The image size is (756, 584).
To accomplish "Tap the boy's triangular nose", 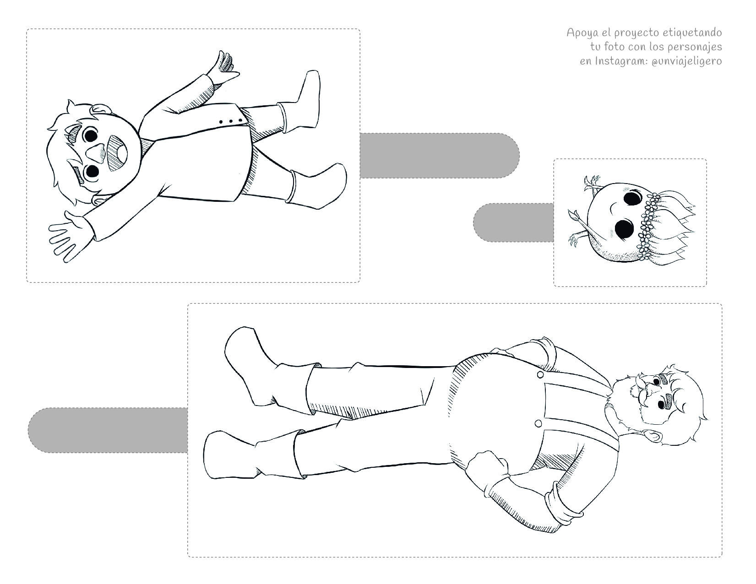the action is tap(96, 153).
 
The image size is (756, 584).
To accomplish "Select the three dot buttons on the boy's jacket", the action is tap(231, 121).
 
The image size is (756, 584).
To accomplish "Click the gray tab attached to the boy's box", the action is tap(440, 156).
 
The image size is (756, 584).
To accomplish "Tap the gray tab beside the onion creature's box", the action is tap(513, 222).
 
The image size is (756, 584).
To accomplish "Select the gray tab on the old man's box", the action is tap(108, 430).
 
